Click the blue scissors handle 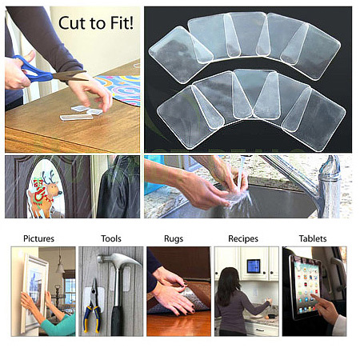34,70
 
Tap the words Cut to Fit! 96,23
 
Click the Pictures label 38,238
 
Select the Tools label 111,238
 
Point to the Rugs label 174,238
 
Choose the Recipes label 243,238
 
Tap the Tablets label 313,238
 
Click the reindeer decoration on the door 45,194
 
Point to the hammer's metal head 118,260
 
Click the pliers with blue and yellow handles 92,306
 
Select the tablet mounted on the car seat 306,286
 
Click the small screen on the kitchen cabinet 253,266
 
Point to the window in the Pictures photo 70,291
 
